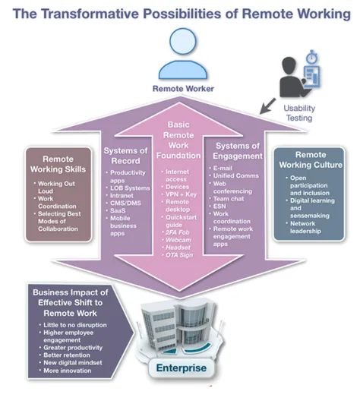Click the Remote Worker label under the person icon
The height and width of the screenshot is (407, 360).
tap(183, 89)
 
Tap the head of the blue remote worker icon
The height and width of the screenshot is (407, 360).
tap(183, 42)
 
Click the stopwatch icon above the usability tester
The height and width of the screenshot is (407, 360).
tap(311, 57)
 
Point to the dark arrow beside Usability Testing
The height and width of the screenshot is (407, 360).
tap(267, 106)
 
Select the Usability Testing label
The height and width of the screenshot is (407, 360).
tap(299, 113)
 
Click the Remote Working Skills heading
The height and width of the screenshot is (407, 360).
tap(58, 164)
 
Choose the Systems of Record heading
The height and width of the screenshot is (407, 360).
tap(125, 156)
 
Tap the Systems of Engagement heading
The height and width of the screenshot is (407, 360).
tap(238, 151)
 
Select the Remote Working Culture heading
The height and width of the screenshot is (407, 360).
tap(311, 159)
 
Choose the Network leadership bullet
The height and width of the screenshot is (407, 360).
tap(302, 227)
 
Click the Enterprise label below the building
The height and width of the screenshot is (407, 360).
tap(182, 368)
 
